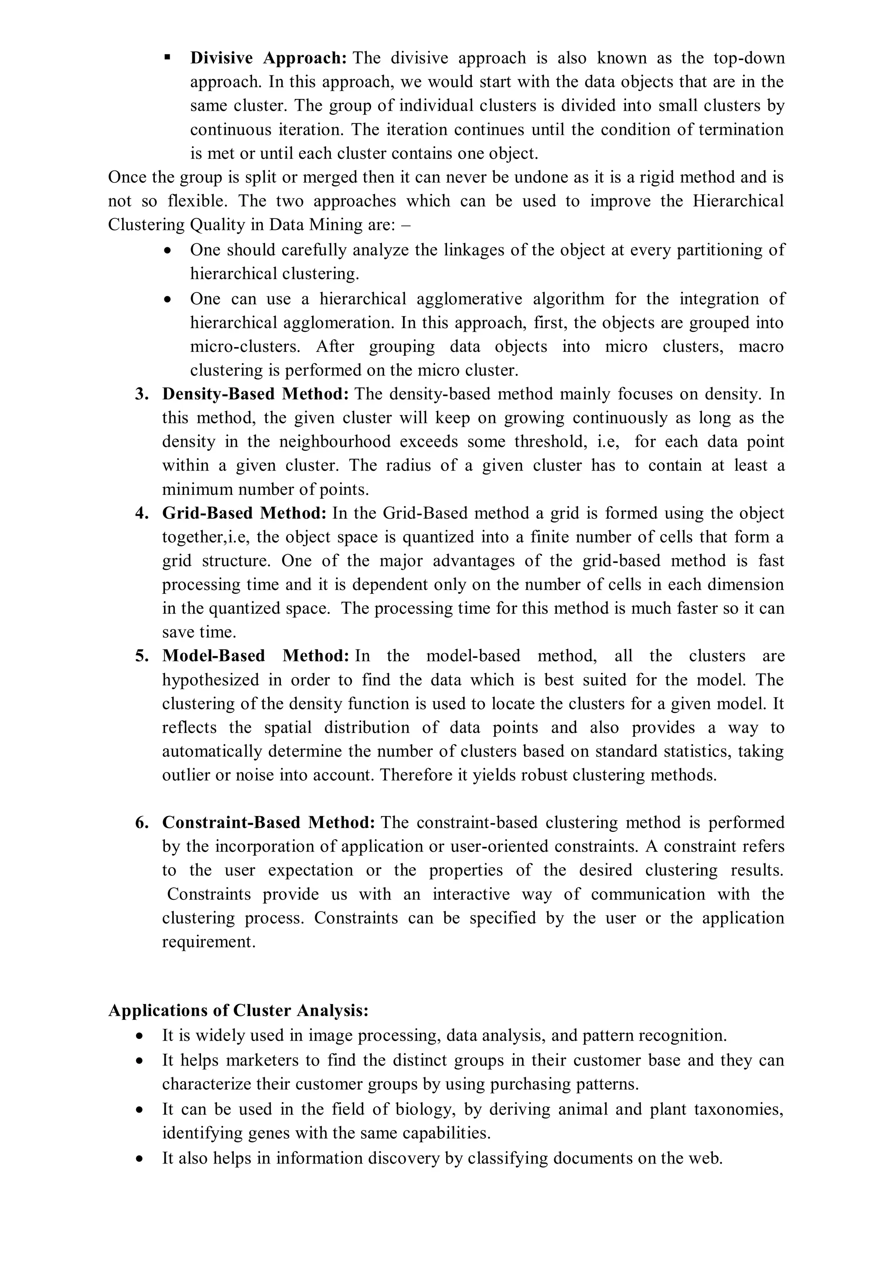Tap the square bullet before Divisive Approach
167,57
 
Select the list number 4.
142,513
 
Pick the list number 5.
142,656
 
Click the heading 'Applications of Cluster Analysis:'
238,1011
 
